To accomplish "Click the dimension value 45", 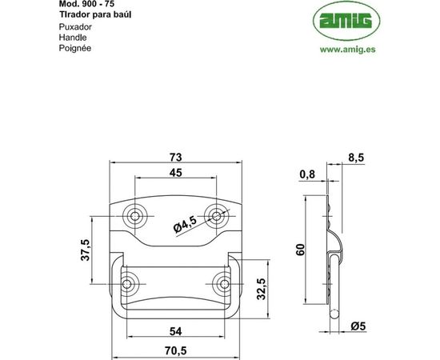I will (x=176, y=172).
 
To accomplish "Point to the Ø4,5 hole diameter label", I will (x=184, y=226).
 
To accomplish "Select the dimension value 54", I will (x=176, y=330).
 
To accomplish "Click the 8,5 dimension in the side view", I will (x=356, y=158).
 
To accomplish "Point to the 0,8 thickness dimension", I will (x=306, y=174).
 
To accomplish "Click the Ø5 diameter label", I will (x=358, y=326).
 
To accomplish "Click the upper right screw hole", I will (x=216, y=214).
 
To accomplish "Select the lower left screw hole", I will (x=128, y=282).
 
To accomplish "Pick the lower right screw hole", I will (x=223, y=282).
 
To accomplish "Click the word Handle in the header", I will (x=72, y=38).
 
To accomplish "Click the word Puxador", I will (x=75, y=26).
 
